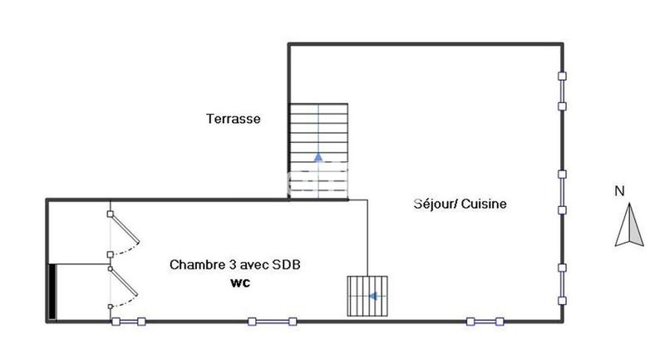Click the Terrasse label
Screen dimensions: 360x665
[234, 119]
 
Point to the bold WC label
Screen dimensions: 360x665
[240, 283]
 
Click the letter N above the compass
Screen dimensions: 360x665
[619, 191]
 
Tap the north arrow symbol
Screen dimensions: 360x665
[629, 226]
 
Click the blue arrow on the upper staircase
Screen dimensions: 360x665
[318, 155]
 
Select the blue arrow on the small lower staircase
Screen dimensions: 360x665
[374, 295]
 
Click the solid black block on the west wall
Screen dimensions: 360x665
[52, 292]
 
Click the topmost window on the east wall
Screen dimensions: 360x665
[563, 91]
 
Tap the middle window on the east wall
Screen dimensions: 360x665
[563, 191]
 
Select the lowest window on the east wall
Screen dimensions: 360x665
[563, 283]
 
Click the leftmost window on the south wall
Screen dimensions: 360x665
[129, 321]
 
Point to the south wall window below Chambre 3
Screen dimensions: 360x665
[271, 321]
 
